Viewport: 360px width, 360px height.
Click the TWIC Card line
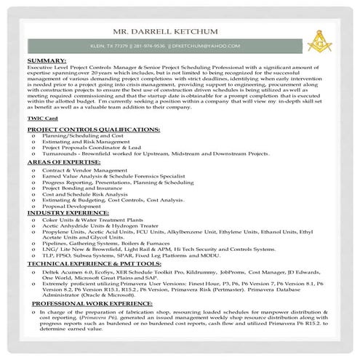coord(41,117)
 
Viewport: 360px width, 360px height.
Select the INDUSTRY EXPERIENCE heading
coord(68,213)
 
